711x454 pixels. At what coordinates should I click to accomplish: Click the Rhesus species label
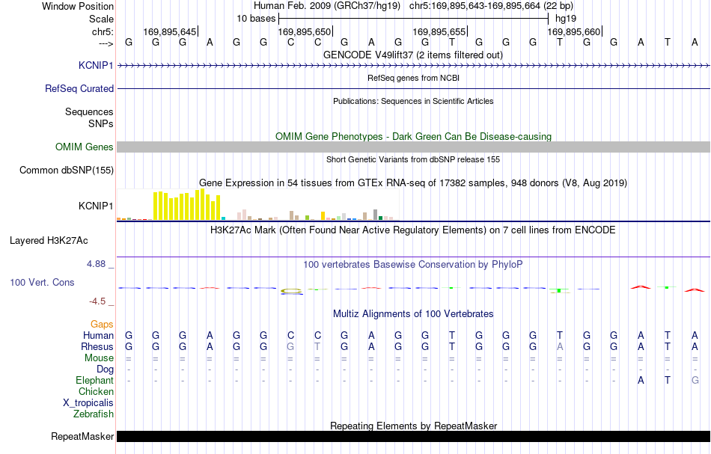click(x=97, y=346)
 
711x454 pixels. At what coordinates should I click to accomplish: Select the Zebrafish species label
click(x=94, y=414)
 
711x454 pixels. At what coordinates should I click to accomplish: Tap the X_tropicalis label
click(x=88, y=403)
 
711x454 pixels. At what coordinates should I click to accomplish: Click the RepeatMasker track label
click(x=82, y=436)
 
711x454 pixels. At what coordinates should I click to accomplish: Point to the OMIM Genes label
click(x=84, y=147)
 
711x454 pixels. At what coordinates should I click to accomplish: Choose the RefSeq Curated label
click(x=79, y=88)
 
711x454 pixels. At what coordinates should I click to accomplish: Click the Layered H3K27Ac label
click(x=49, y=241)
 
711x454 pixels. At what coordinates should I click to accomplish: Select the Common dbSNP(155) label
click(x=66, y=171)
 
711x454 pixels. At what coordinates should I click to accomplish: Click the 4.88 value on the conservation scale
click(x=96, y=264)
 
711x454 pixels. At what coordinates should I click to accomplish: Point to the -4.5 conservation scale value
click(x=97, y=301)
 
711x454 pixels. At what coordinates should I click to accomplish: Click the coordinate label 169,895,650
click(x=305, y=31)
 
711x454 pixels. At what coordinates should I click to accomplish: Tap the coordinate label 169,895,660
click(x=573, y=31)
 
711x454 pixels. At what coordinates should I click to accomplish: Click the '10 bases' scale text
click(x=256, y=19)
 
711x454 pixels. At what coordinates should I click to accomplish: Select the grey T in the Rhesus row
click(x=317, y=346)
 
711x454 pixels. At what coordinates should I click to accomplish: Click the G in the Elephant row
click(x=695, y=380)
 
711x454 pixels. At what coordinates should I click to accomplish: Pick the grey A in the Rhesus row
click(x=560, y=346)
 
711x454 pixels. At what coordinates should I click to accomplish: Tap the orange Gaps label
click(x=102, y=325)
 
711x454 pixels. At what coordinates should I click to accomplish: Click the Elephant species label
click(x=94, y=381)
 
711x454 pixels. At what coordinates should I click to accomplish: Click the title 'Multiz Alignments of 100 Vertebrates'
click(x=413, y=313)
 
